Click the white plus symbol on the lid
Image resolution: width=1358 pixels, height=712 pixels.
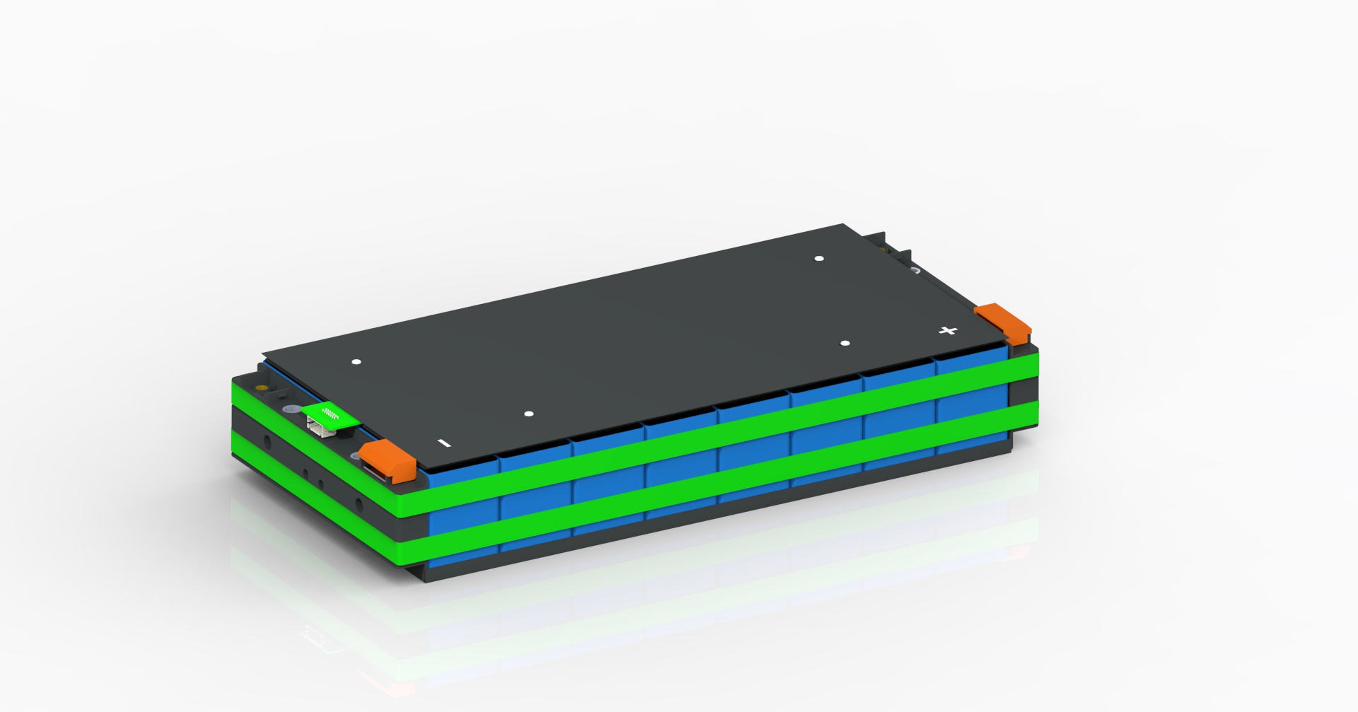click(x=948, y=330)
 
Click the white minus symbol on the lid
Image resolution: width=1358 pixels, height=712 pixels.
click(x=444, y=443)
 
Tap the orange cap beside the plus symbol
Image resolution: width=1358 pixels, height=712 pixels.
click(x=1002, y=320)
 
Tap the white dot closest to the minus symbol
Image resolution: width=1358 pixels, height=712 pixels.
click(x=529, y=414)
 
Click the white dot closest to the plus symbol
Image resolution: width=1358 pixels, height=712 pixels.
click(x=845, y=344)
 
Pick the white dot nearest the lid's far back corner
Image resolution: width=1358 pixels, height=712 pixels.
click(x=819, y=259)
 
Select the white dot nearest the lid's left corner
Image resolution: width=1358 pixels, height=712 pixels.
click(x=356, y=362)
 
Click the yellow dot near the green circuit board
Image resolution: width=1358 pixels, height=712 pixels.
click(x=261, y=388)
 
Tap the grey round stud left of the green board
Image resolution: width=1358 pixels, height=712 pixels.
click(x=289, y=410)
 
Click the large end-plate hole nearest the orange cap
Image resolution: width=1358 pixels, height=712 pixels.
click(x=359, y=505)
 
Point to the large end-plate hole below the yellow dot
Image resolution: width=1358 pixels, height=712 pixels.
click(x=267, y=443)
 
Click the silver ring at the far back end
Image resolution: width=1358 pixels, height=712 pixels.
click(x=915, y=270)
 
